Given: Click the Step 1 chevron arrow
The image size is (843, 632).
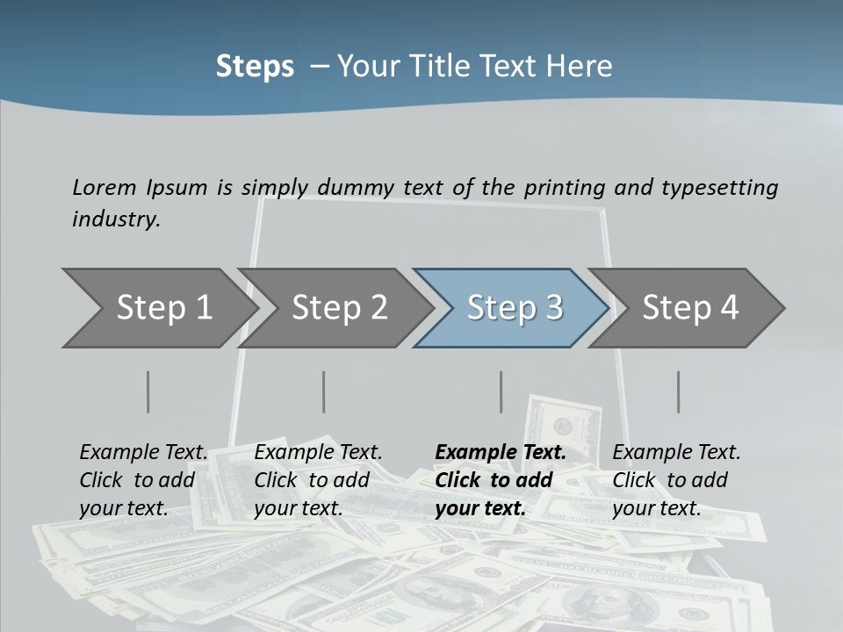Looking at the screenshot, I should click(x=164, y=308).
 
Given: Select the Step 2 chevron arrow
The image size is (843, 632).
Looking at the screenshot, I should click(x=340, y=308).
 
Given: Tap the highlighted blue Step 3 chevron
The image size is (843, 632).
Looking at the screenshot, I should click(x=515, y=308).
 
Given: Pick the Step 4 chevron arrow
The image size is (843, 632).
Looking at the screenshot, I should click(x=690, y=308).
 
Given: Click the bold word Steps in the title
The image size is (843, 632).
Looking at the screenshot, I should click(x=255, y=67).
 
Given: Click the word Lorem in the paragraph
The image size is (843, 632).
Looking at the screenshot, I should click(x=104, y=187).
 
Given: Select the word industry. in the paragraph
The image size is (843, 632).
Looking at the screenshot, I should click(x=116, y=219).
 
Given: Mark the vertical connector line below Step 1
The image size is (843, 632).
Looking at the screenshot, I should click(x=148, y=391).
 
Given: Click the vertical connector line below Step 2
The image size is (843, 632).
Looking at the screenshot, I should click(x=324, y=391).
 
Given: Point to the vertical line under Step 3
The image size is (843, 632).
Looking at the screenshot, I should click(x=501, y=391).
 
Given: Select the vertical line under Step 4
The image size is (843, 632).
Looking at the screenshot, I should click(x=678, y=391).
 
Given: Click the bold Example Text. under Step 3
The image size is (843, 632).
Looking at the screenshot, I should click(x=501, y=453).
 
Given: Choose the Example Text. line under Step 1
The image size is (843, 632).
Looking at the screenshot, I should click(x=144, y=453).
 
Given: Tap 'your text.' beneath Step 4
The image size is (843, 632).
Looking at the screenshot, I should click(x=657, y=508).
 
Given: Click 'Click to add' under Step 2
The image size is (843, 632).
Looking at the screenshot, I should click(x=312, y=481).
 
